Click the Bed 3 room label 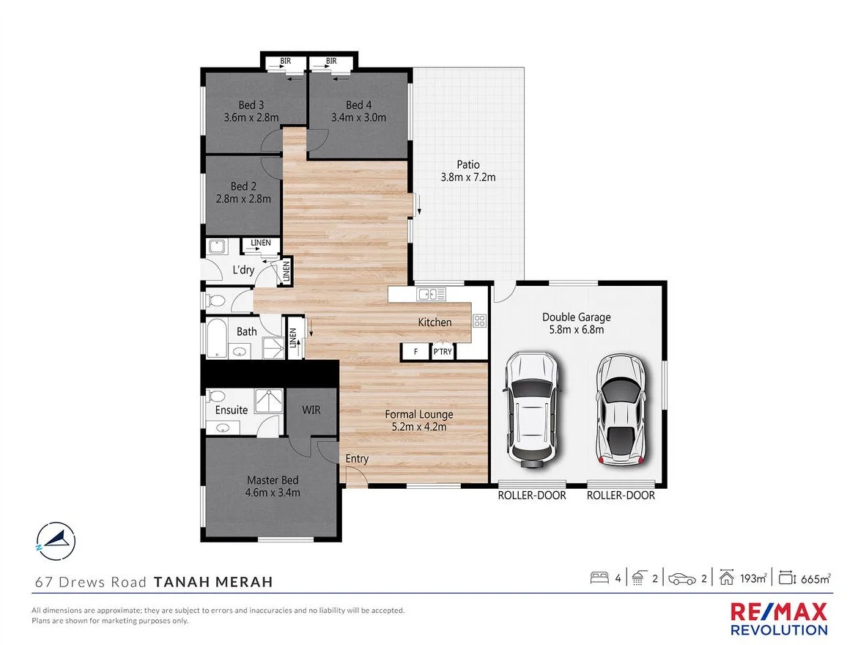tap(251, 104)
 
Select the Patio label tap(468, 164)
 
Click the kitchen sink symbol tap(426, 295)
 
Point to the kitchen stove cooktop tap(479, 320)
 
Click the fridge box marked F tap(415, 352)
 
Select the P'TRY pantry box tap(443, 352)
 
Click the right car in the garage tap(621, 410)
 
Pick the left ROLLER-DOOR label tap(532, 495)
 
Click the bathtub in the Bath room tap(217, 338)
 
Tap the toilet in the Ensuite tap(217, 396)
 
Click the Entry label tap(357, 459)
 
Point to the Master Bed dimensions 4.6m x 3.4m tap(273, 493)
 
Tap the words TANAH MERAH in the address tap(213, 582)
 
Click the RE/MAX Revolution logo tap(779, 619)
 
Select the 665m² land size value tap(816, 578)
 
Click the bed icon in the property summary tap(599, 578)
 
